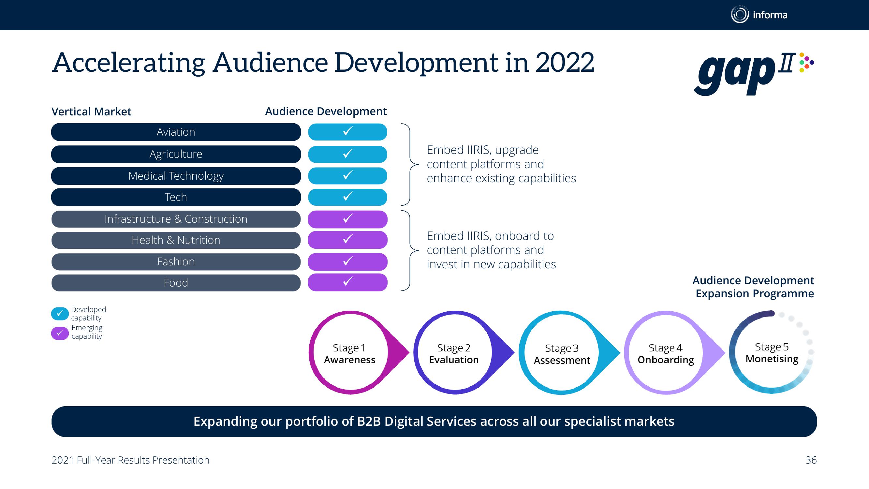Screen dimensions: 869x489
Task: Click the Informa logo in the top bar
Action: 759,15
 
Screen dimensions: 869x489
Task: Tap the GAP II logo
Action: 754,74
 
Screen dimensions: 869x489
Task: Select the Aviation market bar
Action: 176,132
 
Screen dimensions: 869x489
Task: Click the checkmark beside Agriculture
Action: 347,154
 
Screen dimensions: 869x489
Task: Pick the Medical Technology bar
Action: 176,176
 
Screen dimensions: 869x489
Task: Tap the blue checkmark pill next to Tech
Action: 347,197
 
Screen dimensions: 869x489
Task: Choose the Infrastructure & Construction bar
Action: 176,219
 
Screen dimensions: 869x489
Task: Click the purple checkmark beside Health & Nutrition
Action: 347,240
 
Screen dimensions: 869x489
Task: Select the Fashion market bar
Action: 176,262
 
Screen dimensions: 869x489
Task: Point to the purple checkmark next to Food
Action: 347,282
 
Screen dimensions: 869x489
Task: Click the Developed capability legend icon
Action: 60,314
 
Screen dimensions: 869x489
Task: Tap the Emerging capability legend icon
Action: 60,333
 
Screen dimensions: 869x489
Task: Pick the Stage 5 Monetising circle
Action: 772,352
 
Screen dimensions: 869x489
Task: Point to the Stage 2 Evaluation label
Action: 454,354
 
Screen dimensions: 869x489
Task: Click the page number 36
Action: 811,460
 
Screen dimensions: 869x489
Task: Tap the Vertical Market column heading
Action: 91,112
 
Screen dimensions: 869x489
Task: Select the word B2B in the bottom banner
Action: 369,422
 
